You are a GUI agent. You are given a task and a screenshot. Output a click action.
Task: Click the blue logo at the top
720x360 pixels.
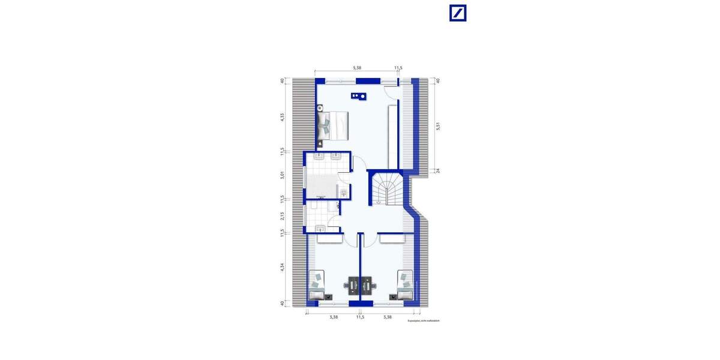click(x=458, y=13)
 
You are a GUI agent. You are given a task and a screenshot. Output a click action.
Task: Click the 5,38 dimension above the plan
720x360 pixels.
click(x=358, y=68)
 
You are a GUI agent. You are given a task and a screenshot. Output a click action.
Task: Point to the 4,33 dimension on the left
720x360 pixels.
click(x=282, y=118)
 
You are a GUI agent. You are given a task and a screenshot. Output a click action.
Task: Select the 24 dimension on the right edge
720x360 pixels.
click(x=439, y=170)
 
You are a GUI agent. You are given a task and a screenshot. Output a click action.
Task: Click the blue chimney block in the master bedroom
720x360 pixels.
click(x=359, y=96)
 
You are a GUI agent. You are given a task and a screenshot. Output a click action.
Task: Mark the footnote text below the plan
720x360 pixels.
click(x=427, y=321)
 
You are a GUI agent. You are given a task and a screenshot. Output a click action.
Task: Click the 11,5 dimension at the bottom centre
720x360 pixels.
click(x=360, y=317)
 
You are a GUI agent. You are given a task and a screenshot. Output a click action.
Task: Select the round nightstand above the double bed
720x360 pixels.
click(x=321, y=108)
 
